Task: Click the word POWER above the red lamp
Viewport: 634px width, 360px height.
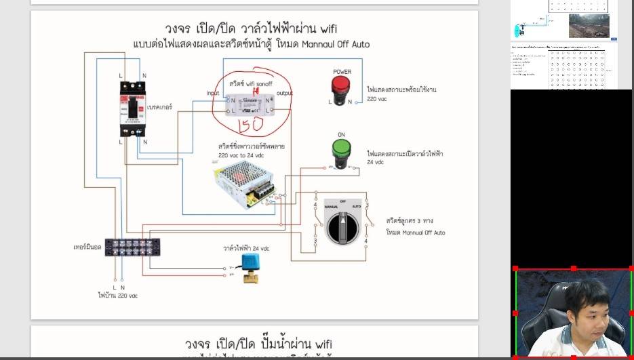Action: [x=342, y=72]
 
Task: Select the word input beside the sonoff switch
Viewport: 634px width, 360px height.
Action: [x=214, y=93]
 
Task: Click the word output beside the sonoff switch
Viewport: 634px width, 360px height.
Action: [x=285, y=93]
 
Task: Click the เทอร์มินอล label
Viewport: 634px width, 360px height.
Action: [x=87, y=247]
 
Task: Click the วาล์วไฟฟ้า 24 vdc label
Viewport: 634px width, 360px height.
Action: [x=246, y=248]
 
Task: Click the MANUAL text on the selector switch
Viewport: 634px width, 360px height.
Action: [x=331, y=205]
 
